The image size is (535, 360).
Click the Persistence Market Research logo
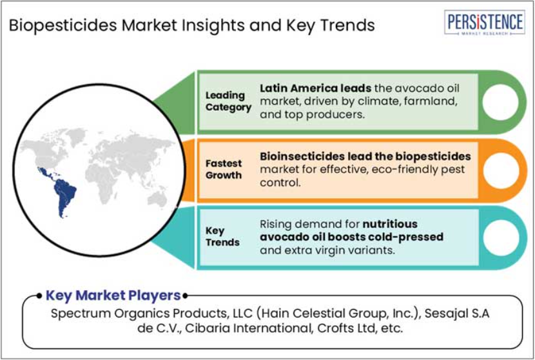(485, 23)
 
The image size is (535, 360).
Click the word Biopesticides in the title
(63, 26)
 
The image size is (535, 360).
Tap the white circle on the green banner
(500, 102)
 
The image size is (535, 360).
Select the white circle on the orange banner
(501, 170)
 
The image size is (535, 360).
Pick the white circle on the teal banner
(501, 237)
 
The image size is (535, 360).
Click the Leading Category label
(228, 101)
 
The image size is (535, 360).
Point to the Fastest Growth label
(224, 170)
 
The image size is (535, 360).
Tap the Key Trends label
(222, 236)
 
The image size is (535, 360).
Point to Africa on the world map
(100, 181)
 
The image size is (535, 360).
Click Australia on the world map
(159, 199)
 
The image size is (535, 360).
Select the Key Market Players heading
(113, 295)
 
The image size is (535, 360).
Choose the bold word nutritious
(390, 224)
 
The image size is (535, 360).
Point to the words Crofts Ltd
(346, 328)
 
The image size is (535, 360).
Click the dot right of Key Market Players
(185, 295)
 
